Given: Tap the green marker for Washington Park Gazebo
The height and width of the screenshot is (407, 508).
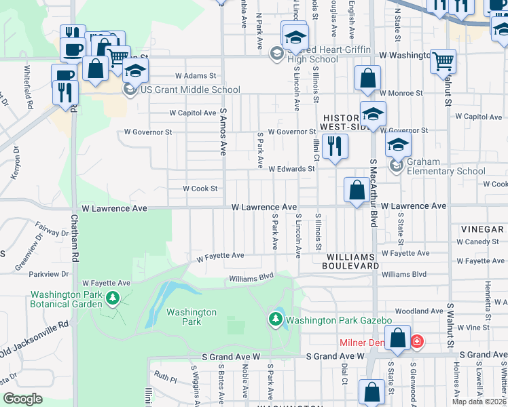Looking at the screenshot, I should [x=276, y=319].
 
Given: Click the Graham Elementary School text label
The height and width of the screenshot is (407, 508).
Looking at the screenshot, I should [x=446, y=166].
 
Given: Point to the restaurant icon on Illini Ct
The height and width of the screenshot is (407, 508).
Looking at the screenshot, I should [x=334, y=147].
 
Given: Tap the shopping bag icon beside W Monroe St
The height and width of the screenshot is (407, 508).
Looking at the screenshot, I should [x=367, y=79].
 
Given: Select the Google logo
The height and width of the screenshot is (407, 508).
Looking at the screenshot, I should [x=22, y=399].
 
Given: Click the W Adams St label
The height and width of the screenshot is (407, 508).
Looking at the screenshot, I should [x=195, y=76].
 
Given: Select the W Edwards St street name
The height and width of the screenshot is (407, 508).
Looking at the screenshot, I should [x=293, y=169].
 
